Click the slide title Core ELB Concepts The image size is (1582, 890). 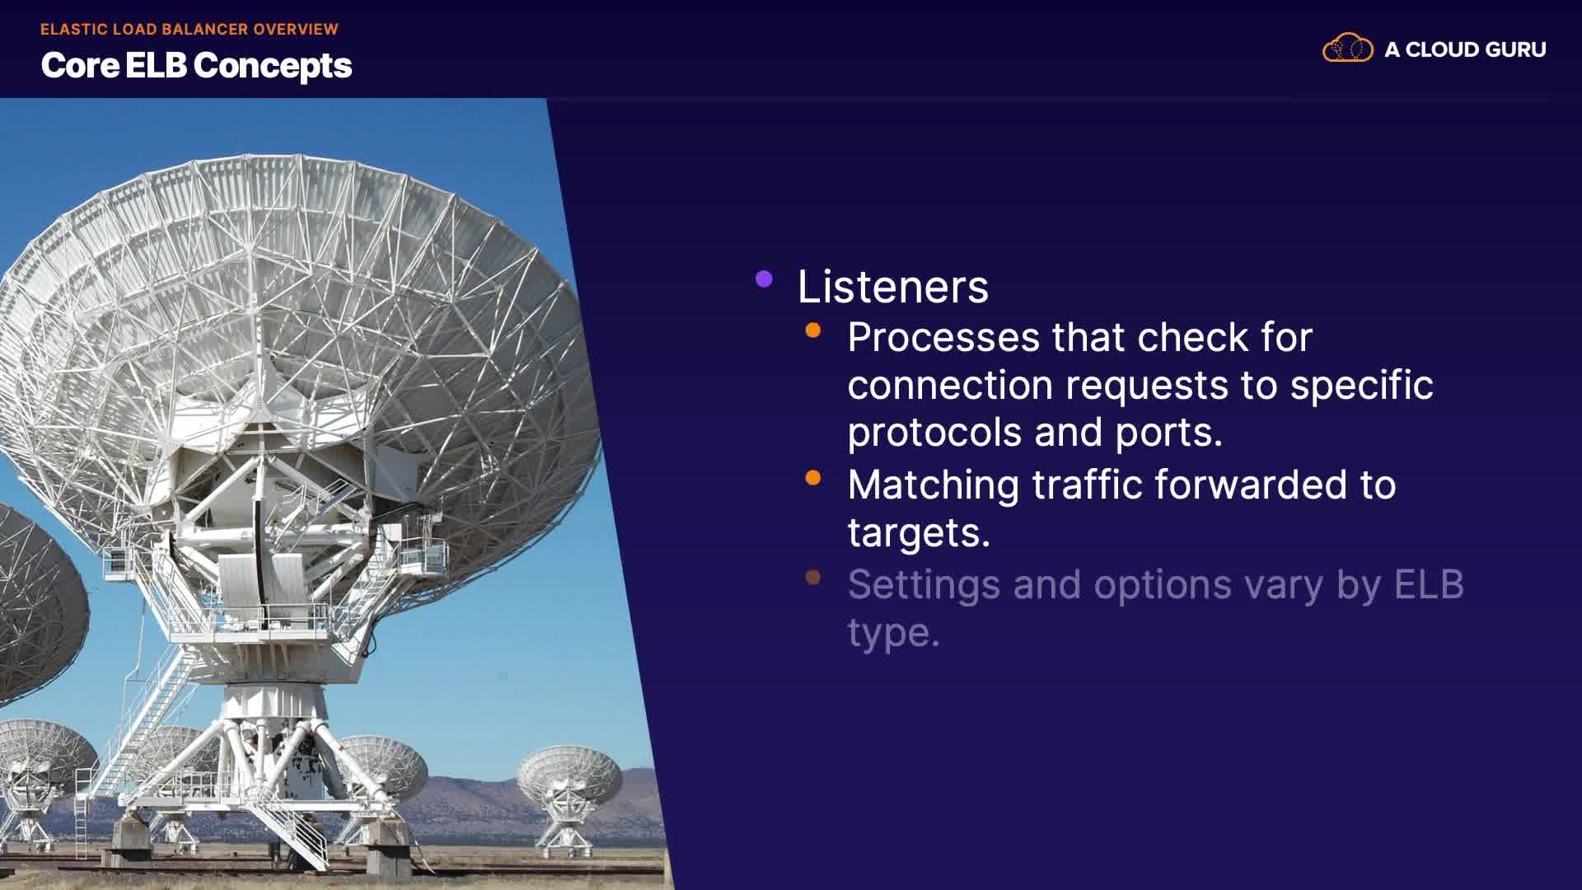click(x=196, y=66)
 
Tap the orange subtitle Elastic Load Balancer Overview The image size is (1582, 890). click(x=190, y=29)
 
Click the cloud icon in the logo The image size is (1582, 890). click(x=1348, y=48)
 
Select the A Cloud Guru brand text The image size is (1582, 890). click(x=1465, y=49)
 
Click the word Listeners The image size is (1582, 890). click(x=892, y=287)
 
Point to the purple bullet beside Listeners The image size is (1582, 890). click(x=764, y=279)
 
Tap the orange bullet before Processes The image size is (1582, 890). click(x=813, y=330)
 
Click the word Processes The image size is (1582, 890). click(x=944, y=338)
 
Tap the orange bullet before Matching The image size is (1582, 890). click(x=813, y=478)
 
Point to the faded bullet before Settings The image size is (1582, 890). click(x=813, y=578)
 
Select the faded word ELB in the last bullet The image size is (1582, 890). click(x=1429, y=584)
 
